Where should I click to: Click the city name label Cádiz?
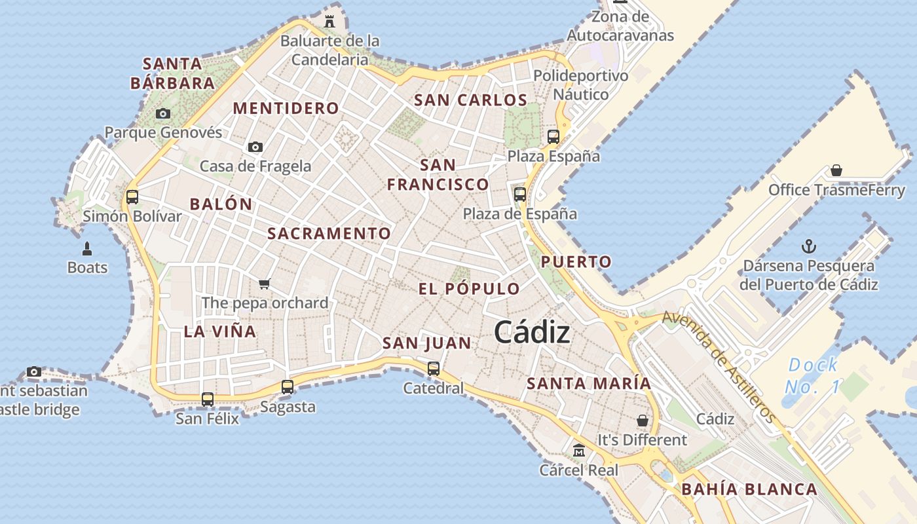[532, 332]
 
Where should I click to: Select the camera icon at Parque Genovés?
[163, 114]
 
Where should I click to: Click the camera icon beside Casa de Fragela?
[255, 147]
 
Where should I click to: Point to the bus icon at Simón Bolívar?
[132, 196]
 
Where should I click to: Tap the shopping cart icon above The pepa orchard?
[265, 284]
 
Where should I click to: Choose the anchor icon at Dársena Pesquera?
[809, 247]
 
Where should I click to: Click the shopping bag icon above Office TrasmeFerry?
[836, 171]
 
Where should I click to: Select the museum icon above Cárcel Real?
[579, 451]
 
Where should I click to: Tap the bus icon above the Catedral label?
[434, 369]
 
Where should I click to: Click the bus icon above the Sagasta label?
[288, 387]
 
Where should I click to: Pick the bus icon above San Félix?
[208, 399]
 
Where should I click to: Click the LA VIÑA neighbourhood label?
[220, 331]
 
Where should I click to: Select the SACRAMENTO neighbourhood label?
[329, 234]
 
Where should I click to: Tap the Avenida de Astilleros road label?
[719, 365]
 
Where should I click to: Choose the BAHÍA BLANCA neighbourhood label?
[749, 489]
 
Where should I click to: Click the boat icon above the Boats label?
[87, 249]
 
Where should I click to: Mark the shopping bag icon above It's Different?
[643, 421]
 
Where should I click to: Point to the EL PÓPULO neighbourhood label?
[469, 289]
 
